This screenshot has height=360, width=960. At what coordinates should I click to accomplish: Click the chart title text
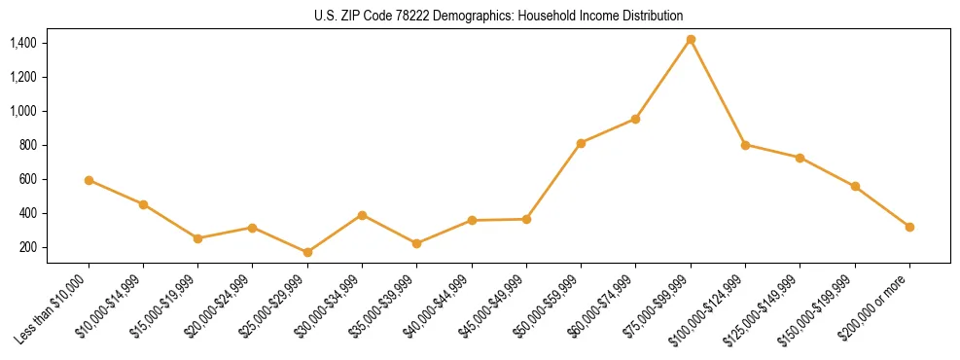[480, 16]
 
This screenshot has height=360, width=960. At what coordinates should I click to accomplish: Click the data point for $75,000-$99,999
[691, 39]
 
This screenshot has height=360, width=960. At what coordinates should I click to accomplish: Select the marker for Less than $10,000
[89, 180]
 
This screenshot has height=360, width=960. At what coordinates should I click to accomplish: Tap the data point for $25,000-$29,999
[307, 253]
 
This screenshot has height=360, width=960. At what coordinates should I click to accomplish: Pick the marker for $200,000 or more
[909, 227]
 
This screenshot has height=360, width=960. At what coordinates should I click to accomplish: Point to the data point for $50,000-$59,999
[581, 143]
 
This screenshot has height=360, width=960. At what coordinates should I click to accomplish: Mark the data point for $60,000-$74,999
[635, 119]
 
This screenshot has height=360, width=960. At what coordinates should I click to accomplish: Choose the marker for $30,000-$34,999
[362, 215]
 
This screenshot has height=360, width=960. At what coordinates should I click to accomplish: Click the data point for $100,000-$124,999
[745, 145]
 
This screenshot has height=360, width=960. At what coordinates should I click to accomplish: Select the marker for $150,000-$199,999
[855, 186]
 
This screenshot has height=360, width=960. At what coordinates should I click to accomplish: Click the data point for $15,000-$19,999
[197, 238]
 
